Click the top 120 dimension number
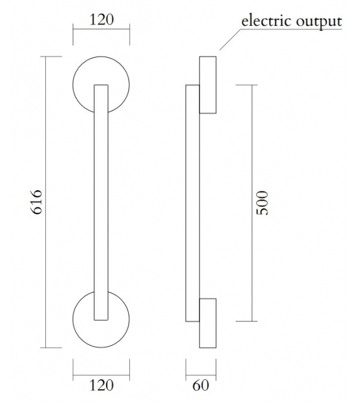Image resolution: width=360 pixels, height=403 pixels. [x=101, y=19]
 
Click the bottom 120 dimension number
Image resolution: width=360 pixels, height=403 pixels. [x=101, y=385]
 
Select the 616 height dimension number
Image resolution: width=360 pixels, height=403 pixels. [x=36, y=201]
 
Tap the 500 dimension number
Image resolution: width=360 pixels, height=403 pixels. [x=263, y=203]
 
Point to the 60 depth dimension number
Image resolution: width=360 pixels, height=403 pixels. [x=201, y=385]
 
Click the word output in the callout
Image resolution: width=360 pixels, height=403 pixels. [x=319, y=21]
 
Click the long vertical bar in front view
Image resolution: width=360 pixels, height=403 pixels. [x=101, y=201]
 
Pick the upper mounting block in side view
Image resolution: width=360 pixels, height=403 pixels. [x=208, y=85]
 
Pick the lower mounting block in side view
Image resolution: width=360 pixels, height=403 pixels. [x=208, y=323]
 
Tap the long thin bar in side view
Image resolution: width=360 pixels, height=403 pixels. [x=192, y=201]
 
